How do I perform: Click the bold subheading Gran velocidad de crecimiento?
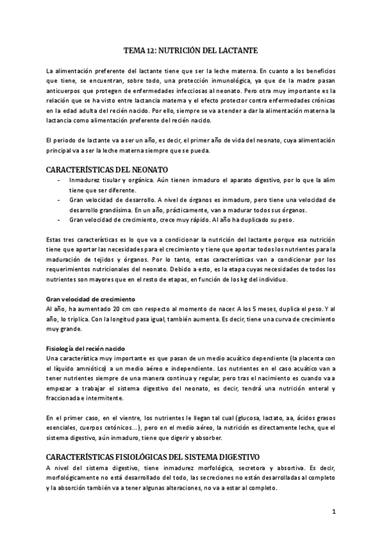point(90,299)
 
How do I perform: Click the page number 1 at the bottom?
point(333,511)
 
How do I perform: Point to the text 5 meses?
point(259,309)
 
